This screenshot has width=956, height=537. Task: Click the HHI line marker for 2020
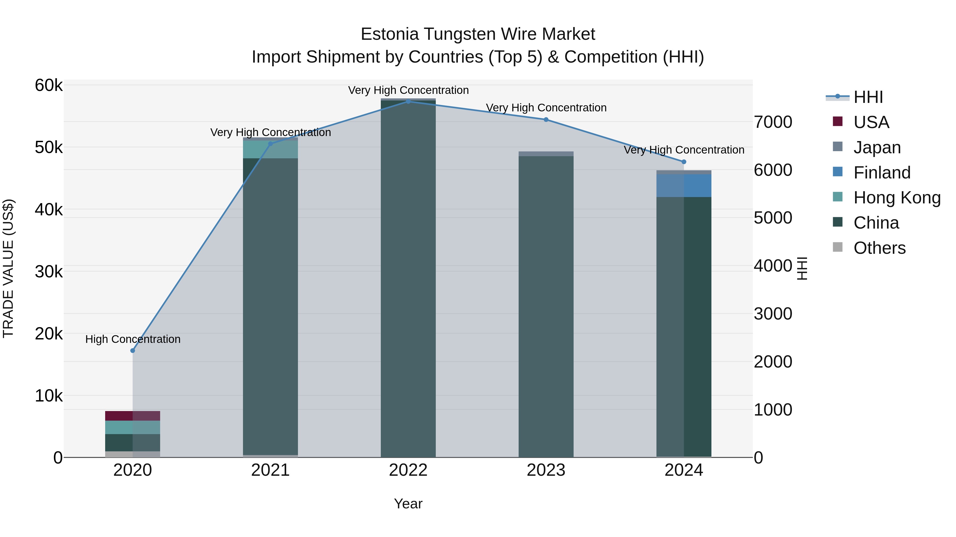pos(133,351)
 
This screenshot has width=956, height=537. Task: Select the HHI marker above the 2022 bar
pos(408,101)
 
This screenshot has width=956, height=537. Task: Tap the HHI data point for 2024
pos(684,161)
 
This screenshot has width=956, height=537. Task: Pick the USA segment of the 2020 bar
pos(133,416)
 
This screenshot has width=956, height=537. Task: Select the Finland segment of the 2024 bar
pos(684,186)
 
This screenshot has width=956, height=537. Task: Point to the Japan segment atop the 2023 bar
pos(546,154)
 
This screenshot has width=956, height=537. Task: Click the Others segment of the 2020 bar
pos(133,454)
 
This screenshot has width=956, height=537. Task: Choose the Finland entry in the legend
pos(882,172)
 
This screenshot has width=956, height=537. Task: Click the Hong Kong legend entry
pos(897,198)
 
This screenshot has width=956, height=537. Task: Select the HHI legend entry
pos(868,97)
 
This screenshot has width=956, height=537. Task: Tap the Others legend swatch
pos(838,247)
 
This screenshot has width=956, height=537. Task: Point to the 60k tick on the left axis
pos(49,85)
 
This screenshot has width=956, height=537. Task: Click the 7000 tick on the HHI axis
pos(773,122)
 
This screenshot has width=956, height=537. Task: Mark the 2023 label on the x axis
pos(546,470)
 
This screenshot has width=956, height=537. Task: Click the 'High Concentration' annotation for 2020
pos(133,339)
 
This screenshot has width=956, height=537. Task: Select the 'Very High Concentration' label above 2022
pos(408,90)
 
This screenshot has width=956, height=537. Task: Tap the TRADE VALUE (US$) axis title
pos(8,268)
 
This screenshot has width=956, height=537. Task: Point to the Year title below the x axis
pos(408,504)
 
